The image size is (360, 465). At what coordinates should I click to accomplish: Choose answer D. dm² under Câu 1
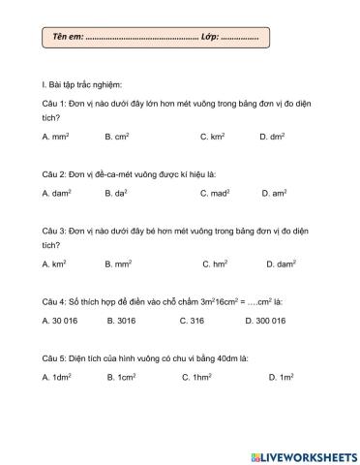272,138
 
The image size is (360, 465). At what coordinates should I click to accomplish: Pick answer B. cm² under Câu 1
117,138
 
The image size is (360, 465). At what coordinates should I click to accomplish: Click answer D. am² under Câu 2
274,194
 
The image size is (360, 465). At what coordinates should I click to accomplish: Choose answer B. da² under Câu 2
118,194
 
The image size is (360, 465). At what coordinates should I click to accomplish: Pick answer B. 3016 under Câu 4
121,319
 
